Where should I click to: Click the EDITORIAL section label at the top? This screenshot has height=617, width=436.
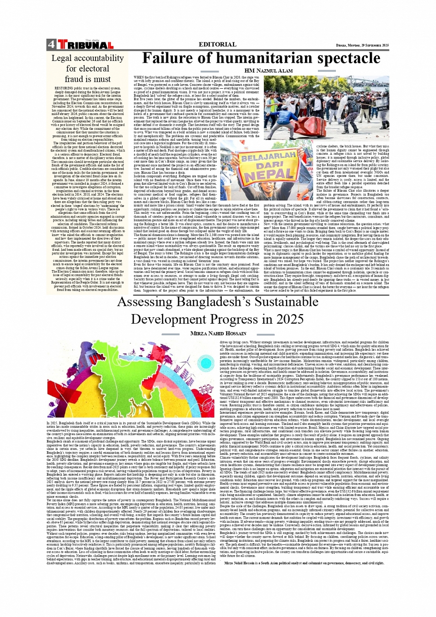(217, 44)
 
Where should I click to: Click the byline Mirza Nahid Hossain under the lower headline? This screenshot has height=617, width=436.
(219, 333)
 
